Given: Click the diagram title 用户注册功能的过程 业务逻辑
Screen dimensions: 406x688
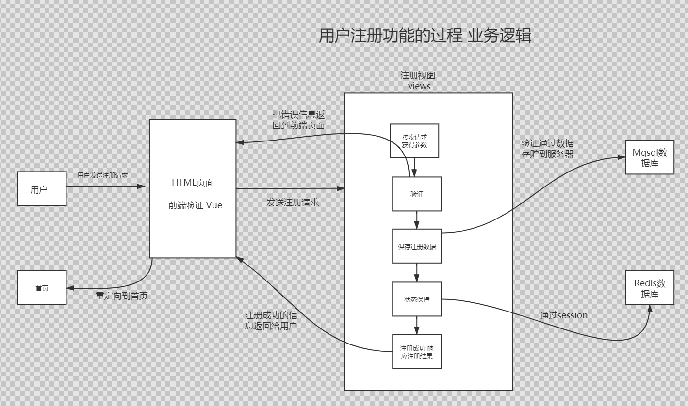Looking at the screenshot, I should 425,36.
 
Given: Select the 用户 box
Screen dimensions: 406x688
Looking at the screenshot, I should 42,189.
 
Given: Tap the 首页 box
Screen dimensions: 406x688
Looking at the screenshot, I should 42,288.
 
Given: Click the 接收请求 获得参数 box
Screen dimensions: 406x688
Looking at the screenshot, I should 414,141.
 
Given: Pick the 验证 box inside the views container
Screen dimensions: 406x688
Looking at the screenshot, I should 417,194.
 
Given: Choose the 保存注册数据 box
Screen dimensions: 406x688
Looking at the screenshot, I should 417,246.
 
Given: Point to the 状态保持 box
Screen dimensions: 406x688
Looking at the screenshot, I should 417,299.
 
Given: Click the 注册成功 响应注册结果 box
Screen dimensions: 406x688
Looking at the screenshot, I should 417,352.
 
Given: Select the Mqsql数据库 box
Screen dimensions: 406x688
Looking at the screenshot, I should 650,157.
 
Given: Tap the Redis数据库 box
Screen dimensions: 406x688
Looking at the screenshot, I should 650,288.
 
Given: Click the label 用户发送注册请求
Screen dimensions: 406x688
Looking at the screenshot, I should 103,175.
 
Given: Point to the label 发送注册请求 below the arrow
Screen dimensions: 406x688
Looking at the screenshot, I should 293,203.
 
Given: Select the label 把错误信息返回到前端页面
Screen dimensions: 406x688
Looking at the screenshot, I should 298,120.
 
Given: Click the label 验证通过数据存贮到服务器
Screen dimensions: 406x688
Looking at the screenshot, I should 547,149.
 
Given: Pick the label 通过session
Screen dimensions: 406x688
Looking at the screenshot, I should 563,315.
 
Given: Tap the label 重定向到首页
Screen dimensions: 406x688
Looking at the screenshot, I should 121,296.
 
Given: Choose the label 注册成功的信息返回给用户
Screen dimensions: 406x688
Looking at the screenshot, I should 271,321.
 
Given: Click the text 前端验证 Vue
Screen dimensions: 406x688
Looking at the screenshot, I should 195,205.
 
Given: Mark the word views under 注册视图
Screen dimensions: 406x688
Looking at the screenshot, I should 419,86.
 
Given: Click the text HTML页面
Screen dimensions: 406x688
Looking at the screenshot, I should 193,183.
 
